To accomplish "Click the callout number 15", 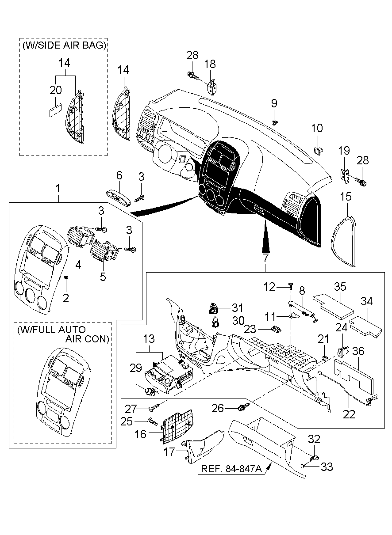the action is [x=346, y=196].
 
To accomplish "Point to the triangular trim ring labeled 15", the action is [x=344, y=241].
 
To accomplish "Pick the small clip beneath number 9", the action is [x=275, y=122].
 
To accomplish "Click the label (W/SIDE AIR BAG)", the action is [x=64, y=45].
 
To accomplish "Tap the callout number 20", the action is [x=55, y=90].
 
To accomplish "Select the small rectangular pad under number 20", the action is [x=55, y=110].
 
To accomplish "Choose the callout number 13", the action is [x=149, y=339].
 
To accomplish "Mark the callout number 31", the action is [x=237, y=307].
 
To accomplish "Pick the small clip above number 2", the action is [x=66, y=277].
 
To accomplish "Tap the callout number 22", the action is [x=349, y=414].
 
